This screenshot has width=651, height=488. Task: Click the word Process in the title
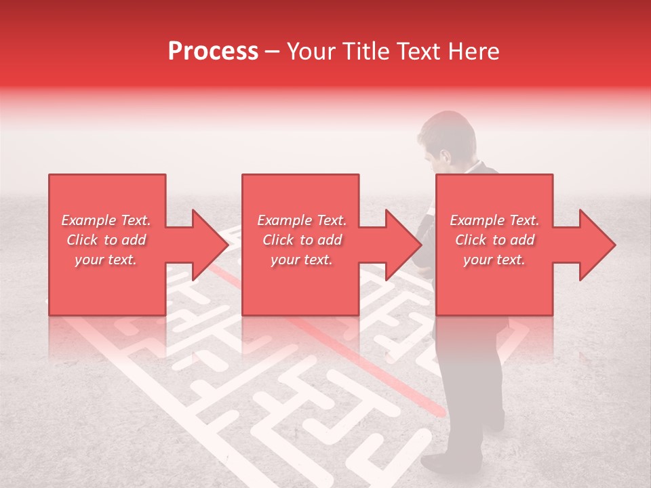pyautogui.click(x=213, y=52)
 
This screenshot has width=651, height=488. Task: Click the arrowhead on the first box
pyautogui.click(x=209, y=245)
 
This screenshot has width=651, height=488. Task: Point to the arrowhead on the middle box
pyautogui.click(x=403, y=245)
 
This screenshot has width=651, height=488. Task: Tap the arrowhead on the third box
pyautogui.click(x=597, y=245)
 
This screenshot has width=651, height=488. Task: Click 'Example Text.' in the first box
pyautogui.click(x=106, y=220)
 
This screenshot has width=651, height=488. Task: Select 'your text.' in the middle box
pyautogui.click(x=301, y=260)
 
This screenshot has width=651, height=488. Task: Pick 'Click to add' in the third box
pyautogui.click(x=494, y=240)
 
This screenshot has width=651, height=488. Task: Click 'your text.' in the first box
pyautogui.click(x=106, y=260)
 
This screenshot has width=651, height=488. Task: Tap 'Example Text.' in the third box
pyautogui.click(x=494, y=220)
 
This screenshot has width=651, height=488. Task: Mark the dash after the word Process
pyautogui.click(x=273, y=52)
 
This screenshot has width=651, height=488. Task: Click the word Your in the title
pyautogui.click(x=309, y=52)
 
